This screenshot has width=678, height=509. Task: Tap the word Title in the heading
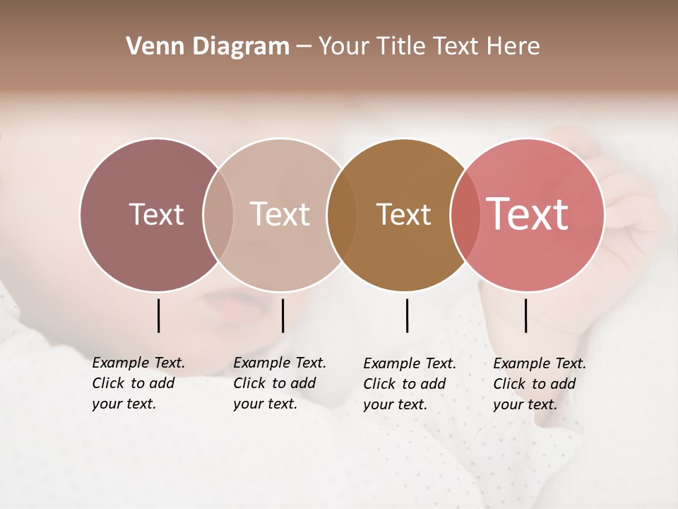[x=400, y=47]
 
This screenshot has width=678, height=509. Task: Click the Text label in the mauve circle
[x=156, y=214]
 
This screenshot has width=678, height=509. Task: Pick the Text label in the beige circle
[x=280, y=214]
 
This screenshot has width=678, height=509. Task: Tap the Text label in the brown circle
[x=403, y=214]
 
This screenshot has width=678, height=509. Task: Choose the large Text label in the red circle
[x=528, y=213]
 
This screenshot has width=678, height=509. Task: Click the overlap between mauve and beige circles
[x=218, y=214]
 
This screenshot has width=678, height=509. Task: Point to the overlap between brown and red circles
[x=465, y=214]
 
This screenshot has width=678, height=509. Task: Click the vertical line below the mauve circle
[x=159, y=315]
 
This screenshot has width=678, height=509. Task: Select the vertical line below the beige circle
[x=282, y=315]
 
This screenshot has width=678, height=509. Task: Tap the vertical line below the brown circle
[x=407, y=315]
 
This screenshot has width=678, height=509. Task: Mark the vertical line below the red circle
[x=526, y=315]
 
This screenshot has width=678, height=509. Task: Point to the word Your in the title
[x=343, y=47]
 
